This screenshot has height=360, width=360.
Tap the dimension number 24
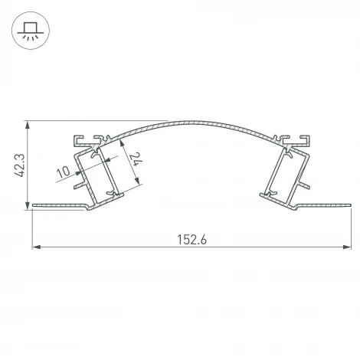point(135,160)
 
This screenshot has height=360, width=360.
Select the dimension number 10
point(64,170)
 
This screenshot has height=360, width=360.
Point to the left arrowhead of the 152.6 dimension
point(35,247)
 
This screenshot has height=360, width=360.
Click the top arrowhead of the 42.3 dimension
point(28,123)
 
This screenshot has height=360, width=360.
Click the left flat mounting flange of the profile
point(57,205)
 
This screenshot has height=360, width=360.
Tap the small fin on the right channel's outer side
point(305,184)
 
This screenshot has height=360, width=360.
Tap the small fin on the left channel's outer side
point(79,185)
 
